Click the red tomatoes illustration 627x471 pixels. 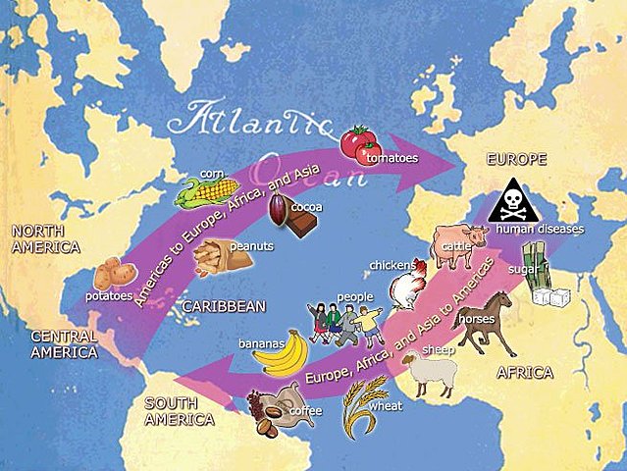coord(360,146)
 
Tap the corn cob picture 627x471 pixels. coord(207,190)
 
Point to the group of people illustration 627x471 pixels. coord(344,324)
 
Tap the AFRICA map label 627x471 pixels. coord(525,373)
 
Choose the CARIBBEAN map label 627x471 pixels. coord(224,307)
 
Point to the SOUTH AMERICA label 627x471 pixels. coord(180,411)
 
